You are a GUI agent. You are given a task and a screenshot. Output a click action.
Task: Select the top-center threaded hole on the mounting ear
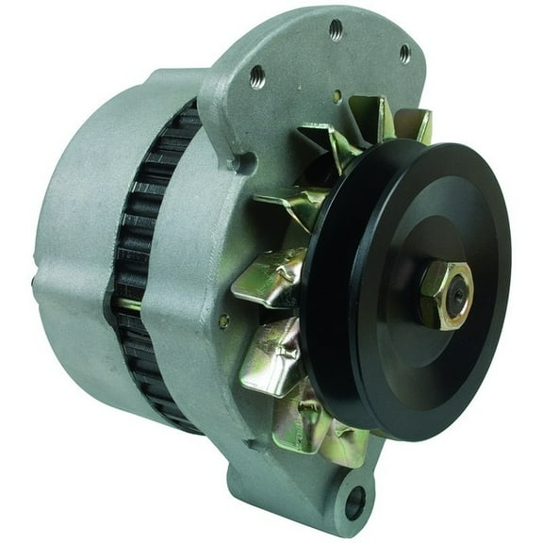coord(336,28)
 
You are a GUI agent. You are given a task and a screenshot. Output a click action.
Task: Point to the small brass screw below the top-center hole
coord(337,94)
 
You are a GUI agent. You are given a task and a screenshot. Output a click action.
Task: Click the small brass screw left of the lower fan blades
coord(223,321)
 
